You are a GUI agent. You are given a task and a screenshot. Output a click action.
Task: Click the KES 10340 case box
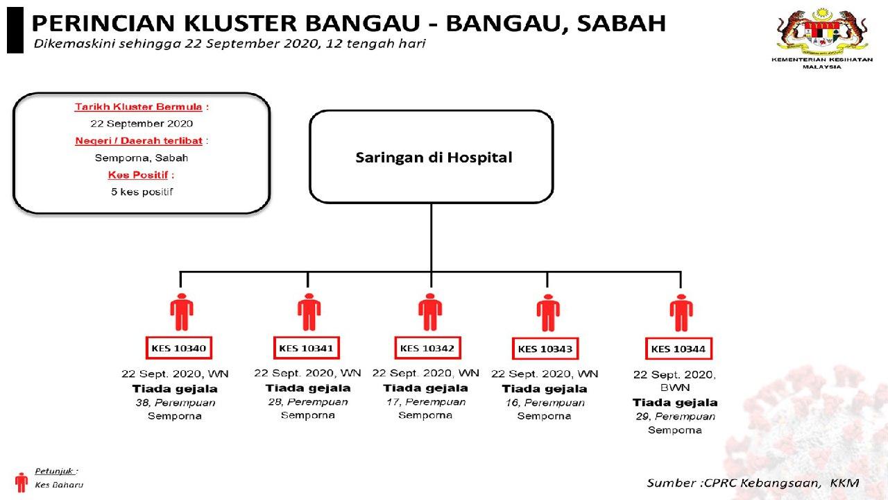(179, 347)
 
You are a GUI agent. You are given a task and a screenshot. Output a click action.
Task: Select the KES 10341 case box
(307, 347)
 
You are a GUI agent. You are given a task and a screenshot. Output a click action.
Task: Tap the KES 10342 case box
(428, 347)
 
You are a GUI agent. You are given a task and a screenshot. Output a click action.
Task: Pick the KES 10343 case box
(546, 349)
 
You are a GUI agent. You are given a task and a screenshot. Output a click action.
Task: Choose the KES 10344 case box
(679, 349)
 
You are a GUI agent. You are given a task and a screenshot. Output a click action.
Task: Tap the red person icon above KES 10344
(681, 313)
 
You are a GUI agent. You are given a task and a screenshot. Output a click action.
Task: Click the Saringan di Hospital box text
(434, 158)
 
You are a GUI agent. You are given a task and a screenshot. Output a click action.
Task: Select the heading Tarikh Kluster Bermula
(139, 107)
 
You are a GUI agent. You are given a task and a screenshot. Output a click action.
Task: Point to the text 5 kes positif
(142, 191)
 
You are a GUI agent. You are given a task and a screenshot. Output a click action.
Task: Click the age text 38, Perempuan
(175, 403)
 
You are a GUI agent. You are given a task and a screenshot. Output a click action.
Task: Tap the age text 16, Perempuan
(544, 403)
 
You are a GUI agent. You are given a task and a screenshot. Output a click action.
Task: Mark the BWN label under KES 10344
(675, 388)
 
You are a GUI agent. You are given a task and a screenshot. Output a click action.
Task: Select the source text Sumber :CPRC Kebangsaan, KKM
(753, 483)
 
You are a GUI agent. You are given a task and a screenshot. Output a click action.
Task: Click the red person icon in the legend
(21, 481)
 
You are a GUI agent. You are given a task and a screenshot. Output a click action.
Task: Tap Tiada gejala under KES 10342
(425, 388)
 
